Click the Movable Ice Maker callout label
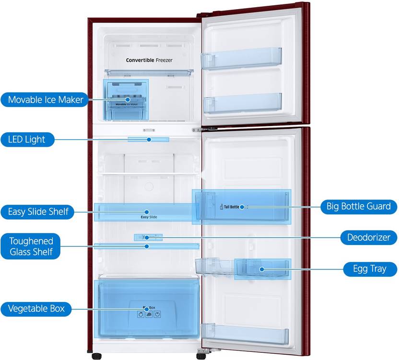pos(46,100)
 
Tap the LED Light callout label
pos(27,139)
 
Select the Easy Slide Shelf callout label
pos(38,211)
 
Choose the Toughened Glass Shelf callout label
pos(31,246)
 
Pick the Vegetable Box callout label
pos(36,308)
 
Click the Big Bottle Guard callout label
pos(359,207)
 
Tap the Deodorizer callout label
pos(369,237)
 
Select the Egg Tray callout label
pos(370,268)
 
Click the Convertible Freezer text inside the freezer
pos(149,60)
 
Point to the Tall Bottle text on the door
pos(231,207)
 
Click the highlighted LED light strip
pos(149,139)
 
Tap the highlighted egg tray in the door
pos(262,269)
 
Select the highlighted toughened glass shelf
pos(146,246)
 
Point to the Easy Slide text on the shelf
pos(149,217)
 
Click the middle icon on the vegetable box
pos(149,314)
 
